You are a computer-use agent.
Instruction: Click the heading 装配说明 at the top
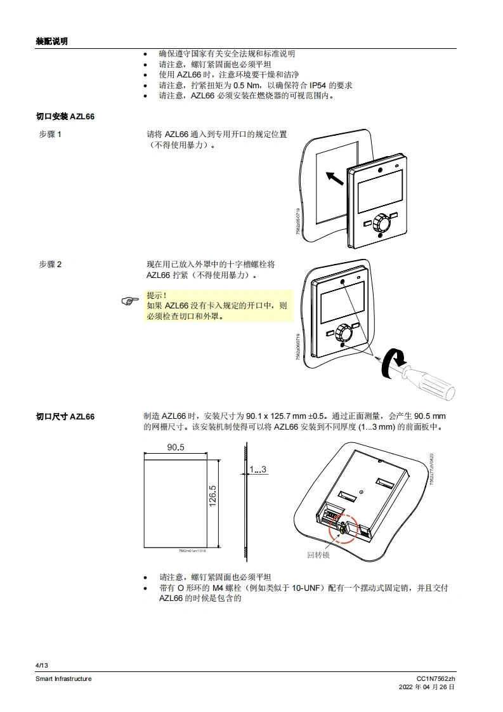click(51, 41)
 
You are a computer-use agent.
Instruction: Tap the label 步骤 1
click(50, 135)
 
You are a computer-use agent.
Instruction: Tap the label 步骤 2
click(50, 264)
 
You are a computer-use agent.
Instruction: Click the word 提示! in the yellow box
click(157, 295)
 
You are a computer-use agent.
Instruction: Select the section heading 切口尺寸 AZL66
click(65, 416)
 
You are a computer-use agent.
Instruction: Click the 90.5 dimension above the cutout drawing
click(176, 447)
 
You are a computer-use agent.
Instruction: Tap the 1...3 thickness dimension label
click(258, 469)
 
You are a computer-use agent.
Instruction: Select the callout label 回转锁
click(318, 555)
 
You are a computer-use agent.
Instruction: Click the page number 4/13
click(42, 664)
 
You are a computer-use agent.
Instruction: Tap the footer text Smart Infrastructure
click(63, 678)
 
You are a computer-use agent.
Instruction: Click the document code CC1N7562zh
click(436, 678)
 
